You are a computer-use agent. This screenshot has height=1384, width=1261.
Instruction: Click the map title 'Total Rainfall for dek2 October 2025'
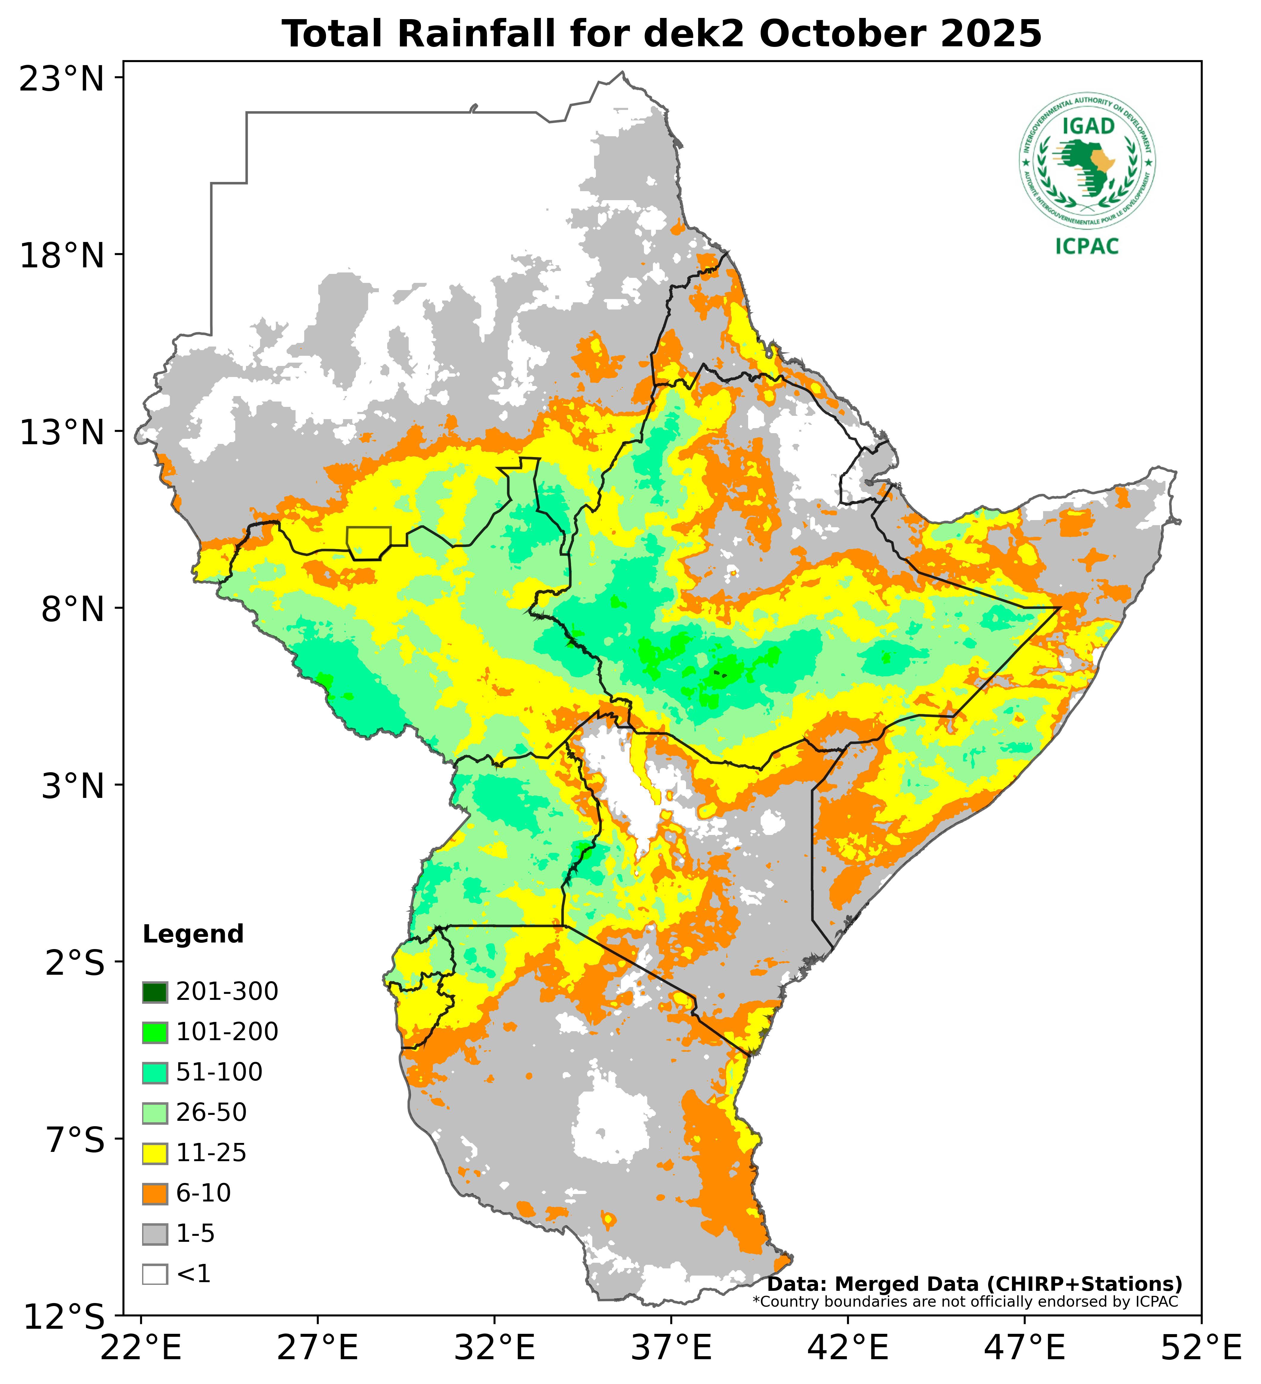click(x=662, y=34)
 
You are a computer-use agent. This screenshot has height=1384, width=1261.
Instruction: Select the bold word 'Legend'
click(x=193, y=934)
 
